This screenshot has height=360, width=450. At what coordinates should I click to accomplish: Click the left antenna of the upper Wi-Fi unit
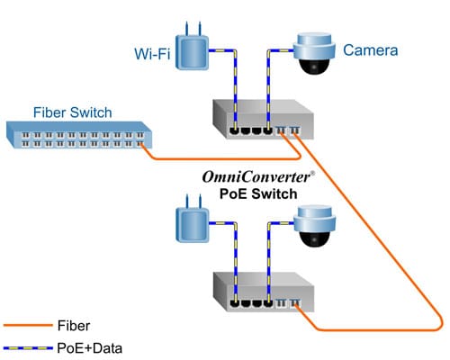[183, 28]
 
